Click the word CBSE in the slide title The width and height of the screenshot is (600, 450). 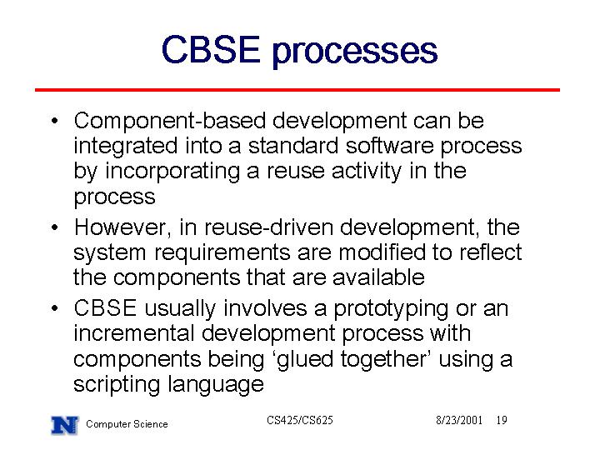point(211,49)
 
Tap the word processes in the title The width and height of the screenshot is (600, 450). point(355,52)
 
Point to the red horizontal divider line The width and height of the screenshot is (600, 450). point(297,90)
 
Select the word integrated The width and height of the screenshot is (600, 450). point(126,147)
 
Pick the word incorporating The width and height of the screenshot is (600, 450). point(172,172)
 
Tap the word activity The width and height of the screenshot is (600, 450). point(367,172)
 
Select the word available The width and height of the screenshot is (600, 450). point(378,277)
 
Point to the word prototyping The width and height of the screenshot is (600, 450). point(392,309)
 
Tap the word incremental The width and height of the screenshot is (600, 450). point(134,333)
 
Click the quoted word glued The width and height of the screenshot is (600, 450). point(305,360)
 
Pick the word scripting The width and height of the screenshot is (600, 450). point(117,384)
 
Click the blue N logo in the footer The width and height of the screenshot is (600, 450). point(65,425)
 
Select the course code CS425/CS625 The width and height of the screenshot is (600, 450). point(300,420)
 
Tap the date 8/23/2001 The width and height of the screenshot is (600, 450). point(459,420)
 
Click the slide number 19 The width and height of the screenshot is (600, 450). point(502,420)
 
